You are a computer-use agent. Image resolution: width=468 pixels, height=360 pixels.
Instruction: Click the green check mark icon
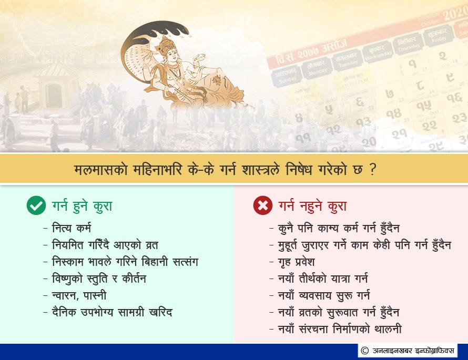[36, 205]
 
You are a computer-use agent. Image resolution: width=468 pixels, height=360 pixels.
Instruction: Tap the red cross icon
[262, 205]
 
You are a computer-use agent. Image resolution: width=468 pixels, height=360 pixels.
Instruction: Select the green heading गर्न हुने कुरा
[82, 206]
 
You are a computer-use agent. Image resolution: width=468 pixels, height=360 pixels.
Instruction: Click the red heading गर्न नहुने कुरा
[312, 206]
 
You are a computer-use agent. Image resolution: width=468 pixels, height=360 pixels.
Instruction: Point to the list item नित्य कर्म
[72, 228]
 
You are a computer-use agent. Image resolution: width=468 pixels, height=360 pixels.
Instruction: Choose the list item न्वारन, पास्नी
[79, 295]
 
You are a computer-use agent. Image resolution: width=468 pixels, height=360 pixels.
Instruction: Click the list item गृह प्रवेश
[297, 262]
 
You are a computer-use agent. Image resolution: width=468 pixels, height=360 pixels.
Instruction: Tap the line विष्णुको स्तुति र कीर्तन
[99, 279]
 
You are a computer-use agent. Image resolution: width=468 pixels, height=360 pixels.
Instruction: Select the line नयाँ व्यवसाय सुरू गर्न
[324, 295]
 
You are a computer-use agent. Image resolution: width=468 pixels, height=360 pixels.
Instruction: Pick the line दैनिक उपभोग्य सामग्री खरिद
[112, 312]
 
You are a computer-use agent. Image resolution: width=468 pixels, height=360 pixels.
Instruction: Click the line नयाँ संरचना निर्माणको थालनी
[340, 329]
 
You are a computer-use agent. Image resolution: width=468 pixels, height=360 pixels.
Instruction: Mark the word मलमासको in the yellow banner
[101, 169]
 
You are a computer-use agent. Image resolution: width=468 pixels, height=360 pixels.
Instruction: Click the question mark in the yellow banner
[372, 169]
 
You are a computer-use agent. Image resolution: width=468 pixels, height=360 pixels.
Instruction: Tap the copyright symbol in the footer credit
[364, 351]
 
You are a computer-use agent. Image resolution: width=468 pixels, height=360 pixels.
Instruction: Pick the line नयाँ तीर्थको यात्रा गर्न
[323, 279]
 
